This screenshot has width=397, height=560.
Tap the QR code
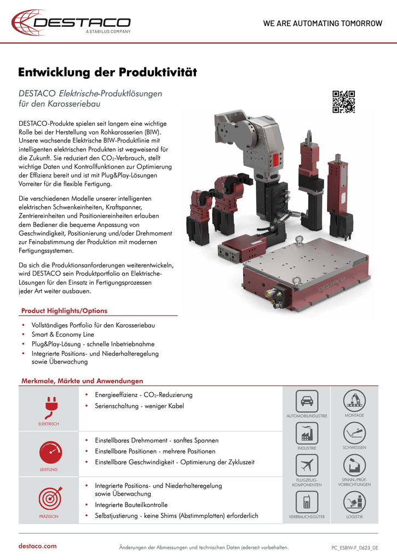[343, 102]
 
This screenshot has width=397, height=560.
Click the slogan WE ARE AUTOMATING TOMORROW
[323, 24]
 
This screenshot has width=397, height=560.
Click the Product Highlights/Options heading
[64, 311]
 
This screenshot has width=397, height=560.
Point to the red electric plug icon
[49, 408]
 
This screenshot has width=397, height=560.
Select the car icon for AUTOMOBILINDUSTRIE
[307, 401]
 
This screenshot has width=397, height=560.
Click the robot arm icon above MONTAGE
[354, 401]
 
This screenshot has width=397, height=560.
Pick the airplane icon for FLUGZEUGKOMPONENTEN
[307, 465]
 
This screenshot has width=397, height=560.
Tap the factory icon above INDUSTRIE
[307, 434]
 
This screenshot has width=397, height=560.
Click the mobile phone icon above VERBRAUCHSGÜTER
[307, 501]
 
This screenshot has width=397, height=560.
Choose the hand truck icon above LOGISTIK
[354, 501]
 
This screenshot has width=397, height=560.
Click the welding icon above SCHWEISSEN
[354, 434]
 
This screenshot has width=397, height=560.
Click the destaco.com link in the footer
[38, 546]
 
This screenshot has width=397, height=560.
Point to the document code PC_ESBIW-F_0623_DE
[355, 547]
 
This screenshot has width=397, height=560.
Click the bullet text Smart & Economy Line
[63, 334]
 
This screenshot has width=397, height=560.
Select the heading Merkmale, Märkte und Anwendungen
[82, 381]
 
